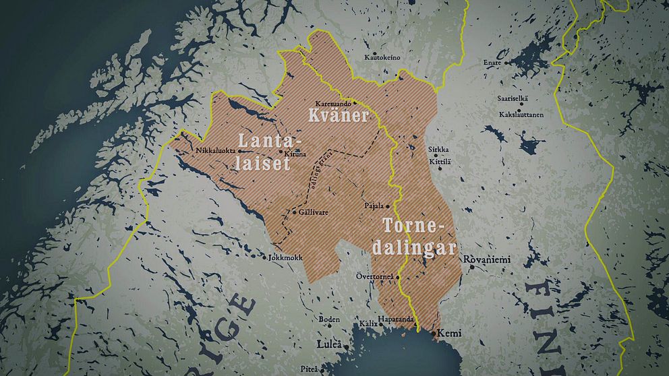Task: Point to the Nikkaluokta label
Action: pos(215,150)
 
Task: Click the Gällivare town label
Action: pos(314,212)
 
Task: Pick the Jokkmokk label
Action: pos(286,258)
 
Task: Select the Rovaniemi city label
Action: pos(486,260)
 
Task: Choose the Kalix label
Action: pos(369,324)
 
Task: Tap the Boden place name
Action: pos(329,319)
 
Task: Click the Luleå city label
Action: pos(330,345)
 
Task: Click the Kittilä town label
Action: pos(440,162)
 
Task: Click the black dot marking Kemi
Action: pos(433,333)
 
